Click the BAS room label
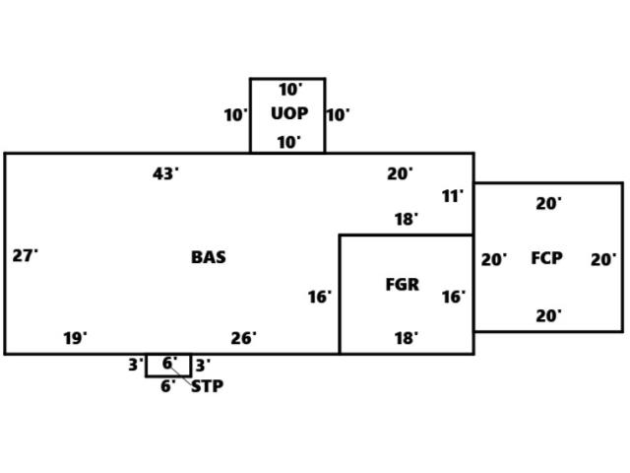(x=208, y=257)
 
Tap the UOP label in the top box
(x=288, y=113)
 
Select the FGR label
(x=402, y=285)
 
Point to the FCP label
(x=546, y=258)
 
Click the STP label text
(x=207, y=386)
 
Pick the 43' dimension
(x=165, y=174)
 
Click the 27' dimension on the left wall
(x=25, y=256)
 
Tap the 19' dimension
(x=75, y=339)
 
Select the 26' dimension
(x=243, y=339)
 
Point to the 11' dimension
(x=452, y=197)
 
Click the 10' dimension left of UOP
(x=235, y=115)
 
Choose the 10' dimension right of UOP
(x=337, y=115)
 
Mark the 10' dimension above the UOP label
(x=288, y=90)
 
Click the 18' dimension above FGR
(x=406, y=220)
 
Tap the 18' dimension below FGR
(x=406, y=339)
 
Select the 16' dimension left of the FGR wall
(x=319, y=297)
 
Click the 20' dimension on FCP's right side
(x=603, y=260)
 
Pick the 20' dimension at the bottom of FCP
(x=548, y=316)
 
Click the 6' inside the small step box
(x=168, y=364)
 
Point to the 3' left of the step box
(x=135, y=365)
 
